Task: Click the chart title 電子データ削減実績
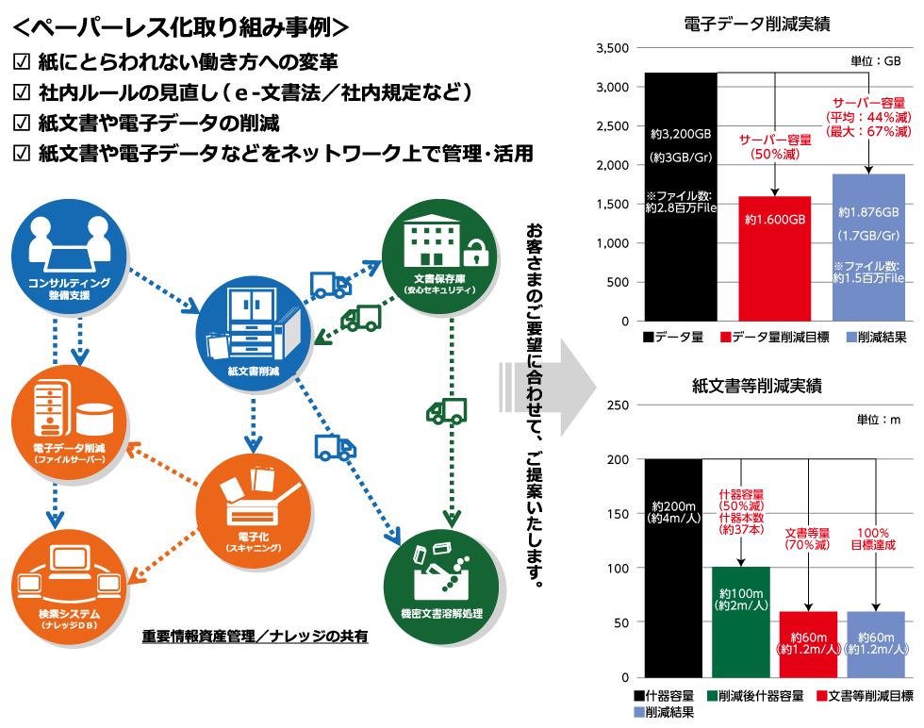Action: point(757,25)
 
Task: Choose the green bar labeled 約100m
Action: point(742,621)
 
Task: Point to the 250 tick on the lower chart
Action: point(619,405)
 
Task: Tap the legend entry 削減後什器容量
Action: point(759,696)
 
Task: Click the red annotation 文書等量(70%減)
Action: point(807,538)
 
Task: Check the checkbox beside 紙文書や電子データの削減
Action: point(22,123)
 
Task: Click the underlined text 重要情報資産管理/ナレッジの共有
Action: point(255,637)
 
